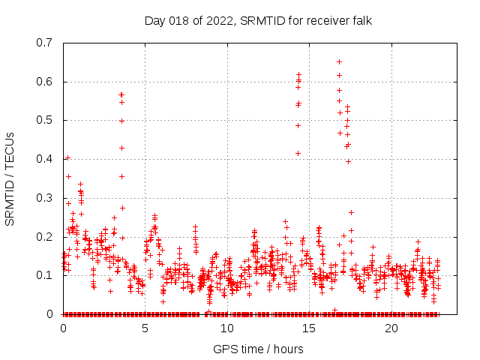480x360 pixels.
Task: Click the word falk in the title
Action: (358, 20)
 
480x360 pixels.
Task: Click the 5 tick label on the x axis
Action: (145, 328)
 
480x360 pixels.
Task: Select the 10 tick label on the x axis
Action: (227, 328)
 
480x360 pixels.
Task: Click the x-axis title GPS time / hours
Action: (258, 349)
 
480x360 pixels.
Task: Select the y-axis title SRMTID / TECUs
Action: (10, 178)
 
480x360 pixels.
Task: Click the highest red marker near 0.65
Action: (339, 61)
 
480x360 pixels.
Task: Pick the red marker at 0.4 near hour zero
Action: (67, 157)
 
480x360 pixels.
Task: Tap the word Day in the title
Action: (154, 20)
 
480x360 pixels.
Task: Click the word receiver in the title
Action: (319, 20)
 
